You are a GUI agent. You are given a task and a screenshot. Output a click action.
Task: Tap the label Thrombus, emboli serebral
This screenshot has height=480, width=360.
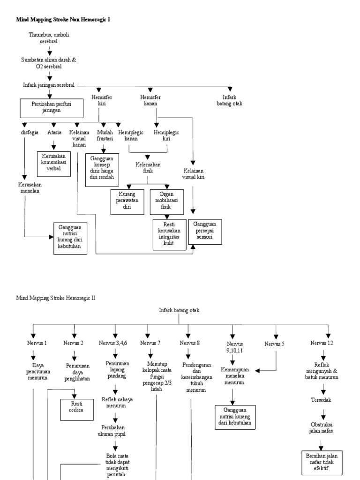49,38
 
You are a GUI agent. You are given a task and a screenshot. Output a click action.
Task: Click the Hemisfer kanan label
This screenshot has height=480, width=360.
150,100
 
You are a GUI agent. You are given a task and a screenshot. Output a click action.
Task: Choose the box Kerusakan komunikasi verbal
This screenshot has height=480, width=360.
54,164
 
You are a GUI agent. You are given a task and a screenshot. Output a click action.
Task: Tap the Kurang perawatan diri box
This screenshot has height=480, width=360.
127,202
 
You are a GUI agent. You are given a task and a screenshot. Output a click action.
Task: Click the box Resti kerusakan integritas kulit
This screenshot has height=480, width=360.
170,234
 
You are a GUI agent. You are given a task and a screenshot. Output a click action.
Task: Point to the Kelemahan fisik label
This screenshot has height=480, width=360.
148,168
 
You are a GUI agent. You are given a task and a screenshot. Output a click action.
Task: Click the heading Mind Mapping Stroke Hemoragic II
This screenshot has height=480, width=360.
56,298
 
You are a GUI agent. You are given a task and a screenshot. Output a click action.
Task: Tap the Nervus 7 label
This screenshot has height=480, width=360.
150,343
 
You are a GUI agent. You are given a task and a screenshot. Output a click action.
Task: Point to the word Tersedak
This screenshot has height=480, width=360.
321,400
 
